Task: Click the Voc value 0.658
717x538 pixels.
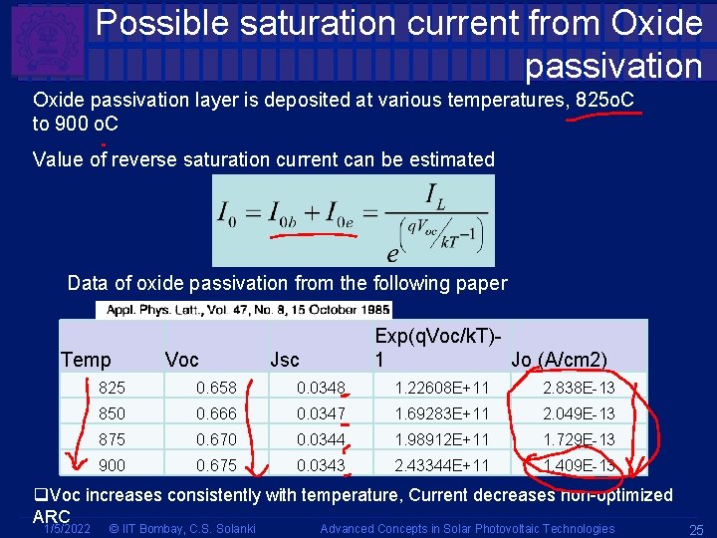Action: [215, 387]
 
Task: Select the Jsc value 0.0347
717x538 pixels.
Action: [321, 412]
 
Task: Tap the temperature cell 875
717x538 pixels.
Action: [113, 438]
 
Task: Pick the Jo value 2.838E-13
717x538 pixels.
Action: [579, 387]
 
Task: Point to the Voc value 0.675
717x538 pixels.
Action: [215, 464]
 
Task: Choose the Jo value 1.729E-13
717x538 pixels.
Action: [579, 438]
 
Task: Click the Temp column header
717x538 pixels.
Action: [86, 360]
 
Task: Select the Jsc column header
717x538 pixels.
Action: [285, 360]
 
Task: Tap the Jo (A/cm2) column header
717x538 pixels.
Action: [559, 360]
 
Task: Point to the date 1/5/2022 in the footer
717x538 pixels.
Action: [66, 528]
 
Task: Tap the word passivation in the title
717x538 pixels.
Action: [613, 65]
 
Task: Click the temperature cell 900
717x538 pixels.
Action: [113, 464]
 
